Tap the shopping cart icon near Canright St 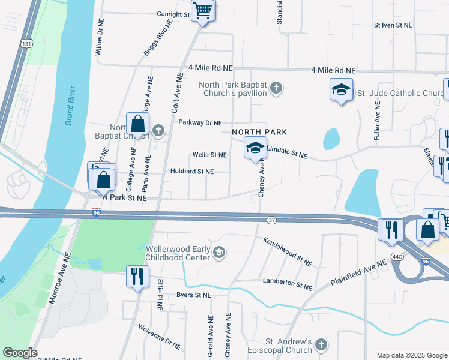[x=203, y=10]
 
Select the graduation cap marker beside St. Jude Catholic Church [x=341, y=91]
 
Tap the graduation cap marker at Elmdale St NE [x=255, y=147]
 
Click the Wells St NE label [x=209, y=155]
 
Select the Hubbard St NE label [x=191, y=172]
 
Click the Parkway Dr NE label [x=200, y=122]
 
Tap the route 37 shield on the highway [x=271, y=220]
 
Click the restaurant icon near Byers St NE [x=137, y=276]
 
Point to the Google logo [x=20, y=353]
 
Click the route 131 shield [x=25, y=44]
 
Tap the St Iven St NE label [x=393, y=25]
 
